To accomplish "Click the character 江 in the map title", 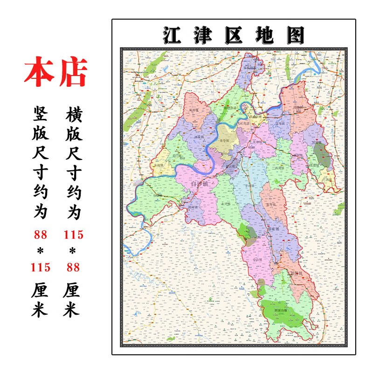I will tap(172, 35).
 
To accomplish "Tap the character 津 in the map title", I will tap(203, 35).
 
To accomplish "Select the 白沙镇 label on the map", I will tap(200, 184).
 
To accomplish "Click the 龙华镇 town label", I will tap(225, 139).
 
